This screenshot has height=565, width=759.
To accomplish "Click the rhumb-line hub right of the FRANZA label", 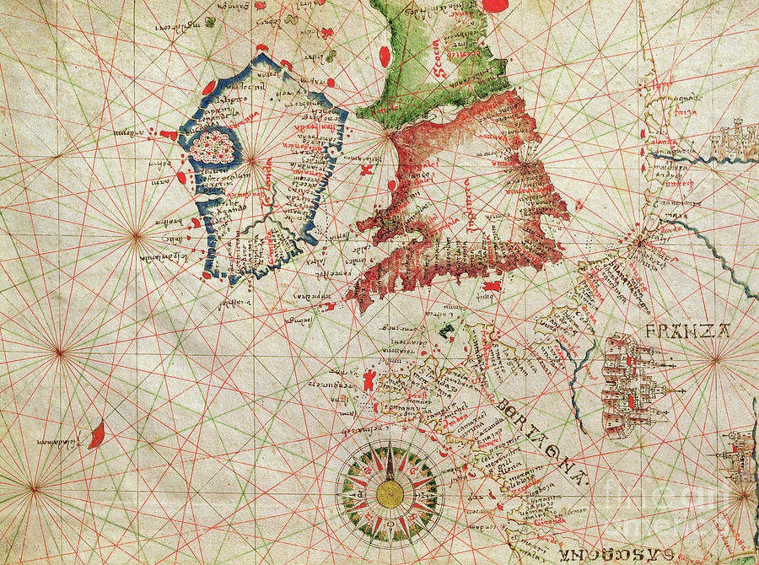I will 715,358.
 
